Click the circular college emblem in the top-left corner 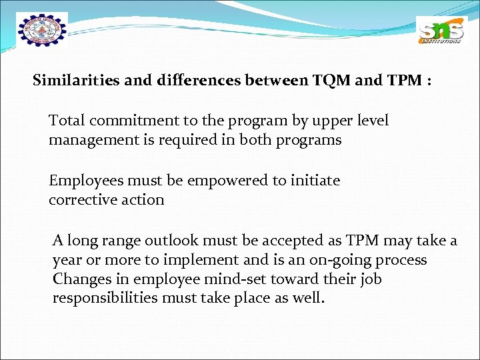[42, 32]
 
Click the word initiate [314, 181]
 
